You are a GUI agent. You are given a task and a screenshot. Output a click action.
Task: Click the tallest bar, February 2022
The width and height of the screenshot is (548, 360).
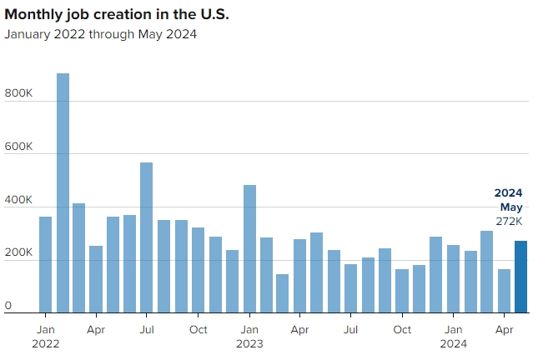coord(63,192)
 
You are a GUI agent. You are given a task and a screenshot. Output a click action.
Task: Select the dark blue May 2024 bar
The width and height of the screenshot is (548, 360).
coord(520,277)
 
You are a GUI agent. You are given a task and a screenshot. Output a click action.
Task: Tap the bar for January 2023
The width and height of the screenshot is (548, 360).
coord(249,248)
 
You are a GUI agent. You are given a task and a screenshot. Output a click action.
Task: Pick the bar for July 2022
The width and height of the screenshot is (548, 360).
coord(147,237)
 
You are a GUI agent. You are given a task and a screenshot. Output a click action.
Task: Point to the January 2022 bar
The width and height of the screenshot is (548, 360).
coord(45,264)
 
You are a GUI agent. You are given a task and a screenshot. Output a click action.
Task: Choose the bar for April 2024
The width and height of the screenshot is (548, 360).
coord(504,291)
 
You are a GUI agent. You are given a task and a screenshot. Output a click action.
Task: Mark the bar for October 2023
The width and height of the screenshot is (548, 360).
coord(402,291)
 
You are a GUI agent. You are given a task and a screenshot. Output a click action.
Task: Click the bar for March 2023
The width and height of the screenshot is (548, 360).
coord(283,293)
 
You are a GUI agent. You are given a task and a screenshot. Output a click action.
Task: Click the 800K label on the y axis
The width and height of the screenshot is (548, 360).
coord(18,93)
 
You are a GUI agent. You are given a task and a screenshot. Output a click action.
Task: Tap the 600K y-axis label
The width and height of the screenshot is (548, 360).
coord(18,147)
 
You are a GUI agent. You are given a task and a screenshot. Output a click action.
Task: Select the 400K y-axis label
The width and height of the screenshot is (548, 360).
coord(18,200)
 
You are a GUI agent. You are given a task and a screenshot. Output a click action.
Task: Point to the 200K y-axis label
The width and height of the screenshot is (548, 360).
coord(18,252)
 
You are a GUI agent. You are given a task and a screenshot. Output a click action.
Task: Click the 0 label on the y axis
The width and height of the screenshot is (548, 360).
coord(8,306)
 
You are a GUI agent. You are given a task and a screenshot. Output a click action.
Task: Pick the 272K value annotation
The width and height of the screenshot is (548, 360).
coord(509,222)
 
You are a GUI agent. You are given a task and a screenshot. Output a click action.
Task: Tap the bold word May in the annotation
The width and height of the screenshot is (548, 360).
coord(511,207)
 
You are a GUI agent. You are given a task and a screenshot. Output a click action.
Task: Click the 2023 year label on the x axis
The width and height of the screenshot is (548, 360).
coord(249,343)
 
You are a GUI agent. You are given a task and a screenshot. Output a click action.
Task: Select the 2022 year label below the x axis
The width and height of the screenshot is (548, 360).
coord(45,343)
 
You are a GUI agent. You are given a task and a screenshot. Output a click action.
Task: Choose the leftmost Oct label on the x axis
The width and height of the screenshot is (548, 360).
coord(199,330)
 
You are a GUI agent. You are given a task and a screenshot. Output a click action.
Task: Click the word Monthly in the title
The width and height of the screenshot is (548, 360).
coord(33,15)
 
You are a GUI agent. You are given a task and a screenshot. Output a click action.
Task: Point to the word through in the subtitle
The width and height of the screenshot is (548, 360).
coord(112,34)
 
